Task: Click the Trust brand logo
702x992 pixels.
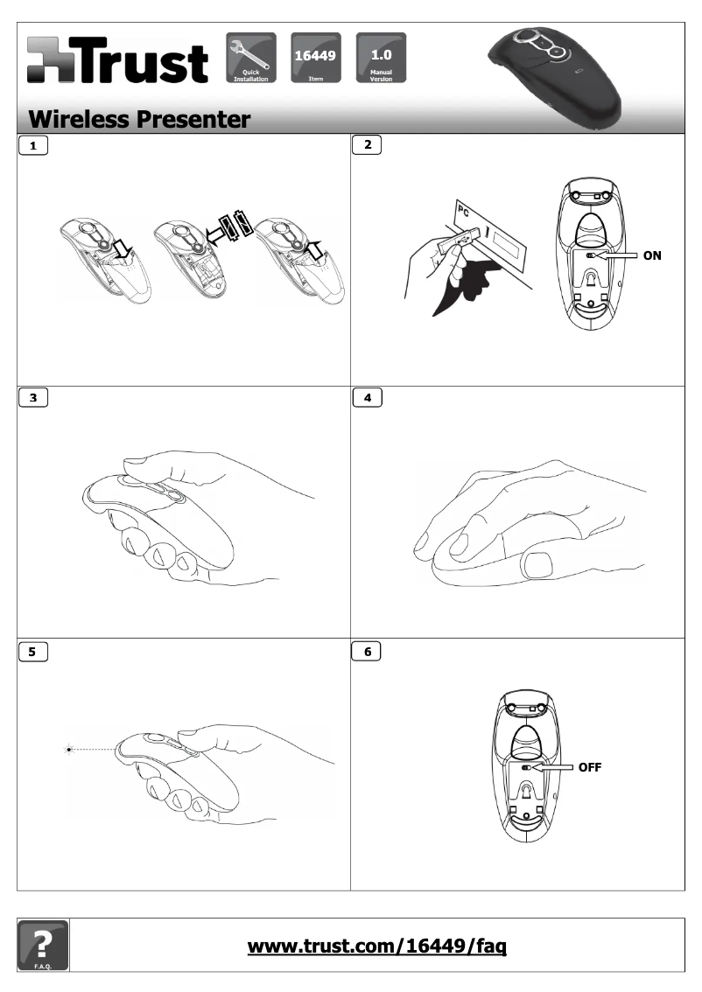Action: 118,60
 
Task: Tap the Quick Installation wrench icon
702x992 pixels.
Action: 250,58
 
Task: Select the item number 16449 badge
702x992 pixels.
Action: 315,58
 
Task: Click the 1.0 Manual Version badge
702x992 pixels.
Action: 381,58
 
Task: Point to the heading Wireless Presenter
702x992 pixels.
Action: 139,119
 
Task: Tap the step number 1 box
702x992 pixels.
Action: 33,145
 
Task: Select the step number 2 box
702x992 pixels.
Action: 367,145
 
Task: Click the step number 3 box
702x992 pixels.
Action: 33,397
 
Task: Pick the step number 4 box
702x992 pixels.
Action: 367,397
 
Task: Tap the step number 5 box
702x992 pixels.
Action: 33,651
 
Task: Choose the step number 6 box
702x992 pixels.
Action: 367,651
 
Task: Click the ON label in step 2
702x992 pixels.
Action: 652,255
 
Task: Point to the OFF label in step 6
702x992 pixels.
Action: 589,767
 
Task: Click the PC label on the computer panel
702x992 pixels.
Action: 464,212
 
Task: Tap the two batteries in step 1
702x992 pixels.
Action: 235,225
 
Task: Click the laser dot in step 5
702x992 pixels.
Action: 69,750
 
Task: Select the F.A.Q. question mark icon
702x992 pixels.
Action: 43,945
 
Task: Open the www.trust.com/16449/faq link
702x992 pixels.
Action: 376,947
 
